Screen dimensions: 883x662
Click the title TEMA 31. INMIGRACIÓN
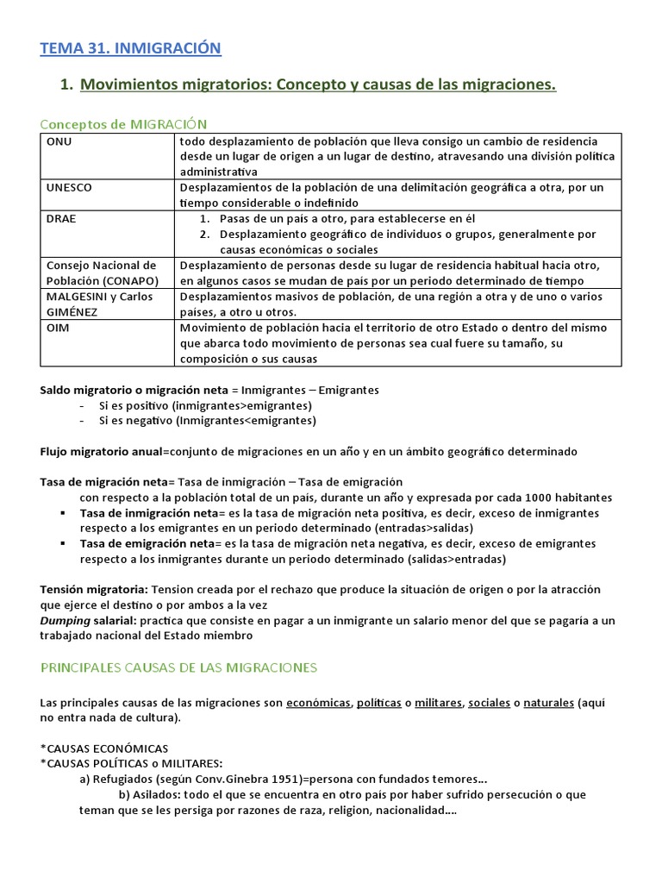pyautogui.click(x=131, y=48)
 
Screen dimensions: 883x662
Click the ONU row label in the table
pyautogui.click(x=59, y=141)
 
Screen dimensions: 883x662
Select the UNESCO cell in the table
pyautogui.click(x=69, y=187)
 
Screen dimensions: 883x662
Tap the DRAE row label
pyautogui.click(x=61, y=218)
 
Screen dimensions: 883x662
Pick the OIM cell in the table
pyautogui.click(x=58, y=328)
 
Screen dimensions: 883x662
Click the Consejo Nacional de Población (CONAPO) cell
pyautogui.click(x=101, y=272)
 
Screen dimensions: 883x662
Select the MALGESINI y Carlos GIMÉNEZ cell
pyautogui.click(x=99, y=304)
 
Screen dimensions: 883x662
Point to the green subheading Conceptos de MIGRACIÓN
pyautogui.click(x=124, y=124)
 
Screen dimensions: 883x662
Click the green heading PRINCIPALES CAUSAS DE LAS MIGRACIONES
pyautogui.click(x=178, y=667)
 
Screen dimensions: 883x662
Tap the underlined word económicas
pyautogui.click(x=318, y=703)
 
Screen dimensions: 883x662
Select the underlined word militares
pyautogui.click(x=438, y=703)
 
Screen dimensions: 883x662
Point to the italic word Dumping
pyautogui.click(x=66, y=621)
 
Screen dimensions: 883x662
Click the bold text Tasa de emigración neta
pyautogui.click(x=146, y=544)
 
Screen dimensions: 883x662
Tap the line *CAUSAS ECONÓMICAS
pyautogui.click(x=104, y=748)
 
